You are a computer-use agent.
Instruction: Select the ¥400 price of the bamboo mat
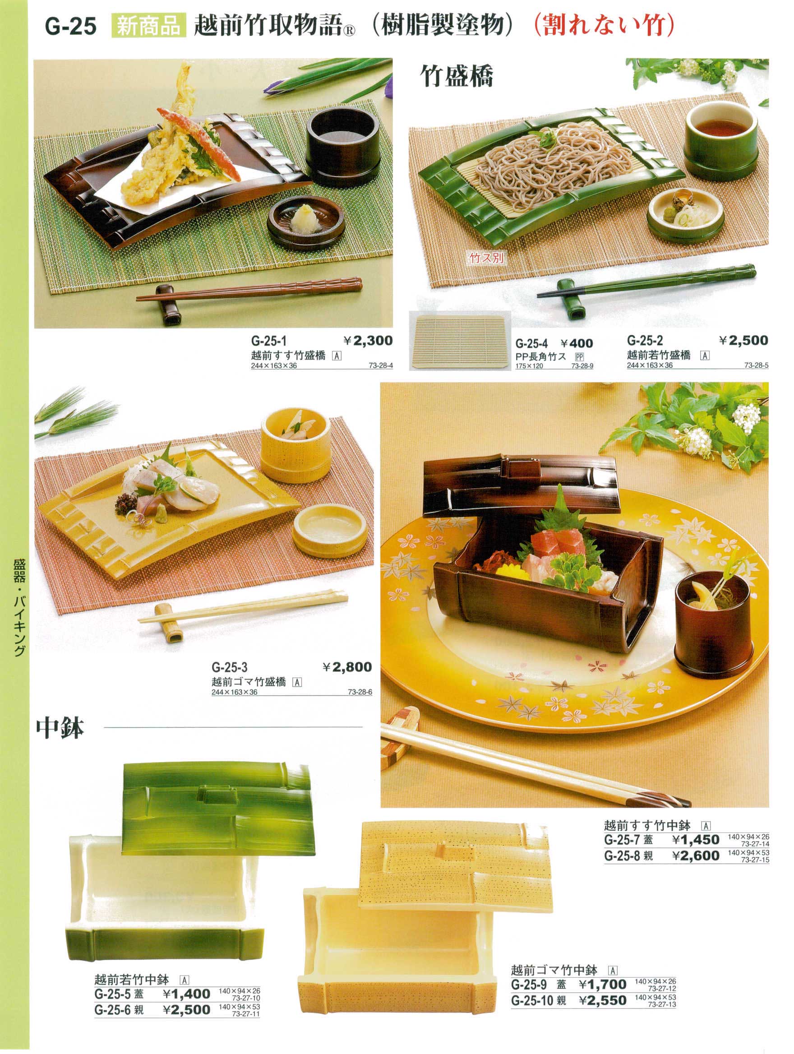tap(577, 343)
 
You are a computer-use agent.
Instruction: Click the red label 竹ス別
tap(486, 258)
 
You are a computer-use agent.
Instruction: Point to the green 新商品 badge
tap(147, 27)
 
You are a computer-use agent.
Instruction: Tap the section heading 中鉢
tap(60, 729)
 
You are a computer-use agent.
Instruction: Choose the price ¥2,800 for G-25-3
tap(347, 667)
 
